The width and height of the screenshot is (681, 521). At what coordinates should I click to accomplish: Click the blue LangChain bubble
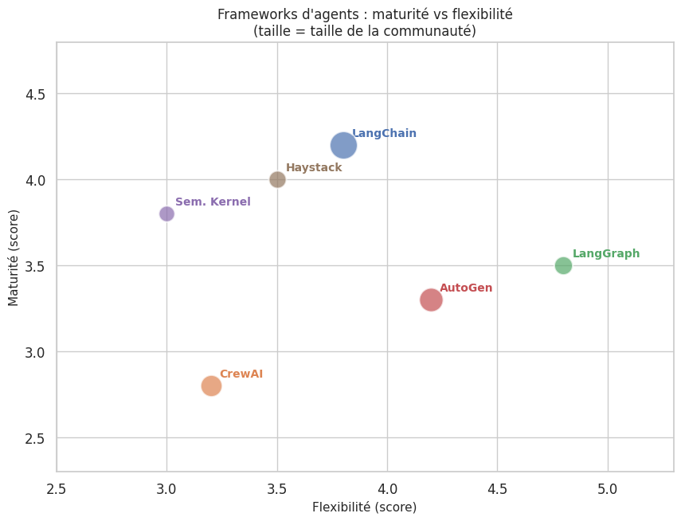pos(343,146)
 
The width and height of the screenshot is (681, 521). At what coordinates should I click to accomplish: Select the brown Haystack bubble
pos(277,180)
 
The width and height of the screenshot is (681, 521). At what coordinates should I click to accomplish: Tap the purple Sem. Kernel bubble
pos(166,213)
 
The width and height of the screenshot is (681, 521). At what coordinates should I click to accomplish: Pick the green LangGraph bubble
pos(563,265)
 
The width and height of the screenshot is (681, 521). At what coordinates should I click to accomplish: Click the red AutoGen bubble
pos(431,300)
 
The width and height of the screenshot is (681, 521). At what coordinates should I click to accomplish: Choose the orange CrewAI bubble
pos(211,386)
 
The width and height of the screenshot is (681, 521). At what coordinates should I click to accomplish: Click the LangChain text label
pos(384,134)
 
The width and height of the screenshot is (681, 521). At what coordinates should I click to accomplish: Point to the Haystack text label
pos(314,168)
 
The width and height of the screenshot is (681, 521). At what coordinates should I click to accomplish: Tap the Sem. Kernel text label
pos(213,202)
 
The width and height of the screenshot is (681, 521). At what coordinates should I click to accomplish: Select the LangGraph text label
pos(606,254)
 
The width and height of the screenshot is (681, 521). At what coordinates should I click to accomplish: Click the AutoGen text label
pos(466,288)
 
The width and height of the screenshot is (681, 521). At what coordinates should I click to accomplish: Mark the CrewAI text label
pos(241,374)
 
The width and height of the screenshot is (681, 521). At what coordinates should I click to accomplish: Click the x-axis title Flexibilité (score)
pos(364,507)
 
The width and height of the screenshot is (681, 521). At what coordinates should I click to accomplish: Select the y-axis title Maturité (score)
pos(14,257)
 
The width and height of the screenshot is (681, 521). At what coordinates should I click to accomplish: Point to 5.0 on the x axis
pos(608,487)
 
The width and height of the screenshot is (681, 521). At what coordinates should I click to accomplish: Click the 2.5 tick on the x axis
pos(57,487)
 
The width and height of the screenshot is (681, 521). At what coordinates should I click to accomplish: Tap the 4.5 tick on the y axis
pos(35,94)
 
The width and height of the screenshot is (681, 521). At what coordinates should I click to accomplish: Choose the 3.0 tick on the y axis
pos(35,352)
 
